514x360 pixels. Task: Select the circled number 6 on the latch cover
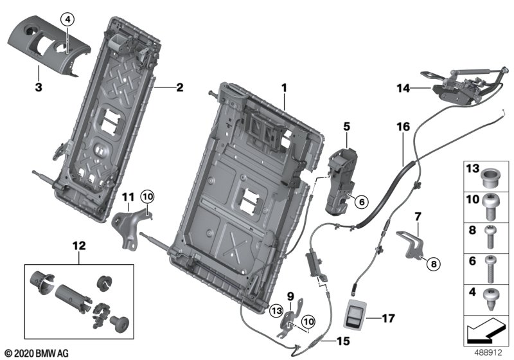(x=360, y=202)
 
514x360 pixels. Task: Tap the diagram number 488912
(x=489, y=352)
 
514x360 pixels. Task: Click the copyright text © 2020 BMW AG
(x=36, y=353)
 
